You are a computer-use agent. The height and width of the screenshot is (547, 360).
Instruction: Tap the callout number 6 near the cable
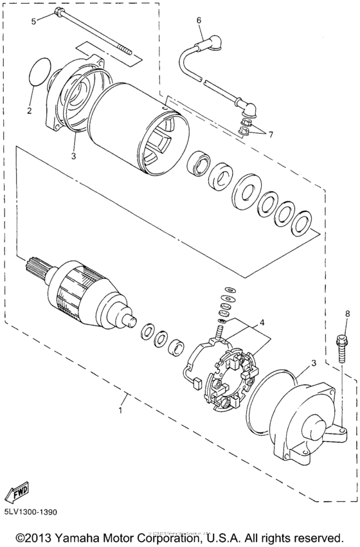pyautogui.click(x=199, y=20)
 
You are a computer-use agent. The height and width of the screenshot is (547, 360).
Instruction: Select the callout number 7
pyautogui.click(x=271, y=135)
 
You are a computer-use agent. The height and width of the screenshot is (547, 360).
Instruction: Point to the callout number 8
pyautogui.click(x=348, y=313)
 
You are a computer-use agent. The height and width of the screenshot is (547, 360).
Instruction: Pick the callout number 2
pyautogui.click(x=29, y=111)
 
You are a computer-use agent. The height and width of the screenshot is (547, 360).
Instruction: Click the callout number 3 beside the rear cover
pyautogui.click(x=314, y=363)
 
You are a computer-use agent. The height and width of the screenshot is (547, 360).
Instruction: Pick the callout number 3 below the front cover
pyautogui.click(x=73, y=156)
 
